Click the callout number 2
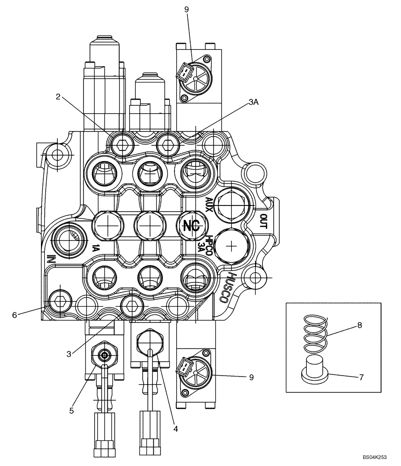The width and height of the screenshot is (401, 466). [x=58, y=97]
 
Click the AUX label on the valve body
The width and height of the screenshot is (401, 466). [x=208, y=204]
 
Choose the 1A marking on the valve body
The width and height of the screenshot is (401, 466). [x=96, y=248]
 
